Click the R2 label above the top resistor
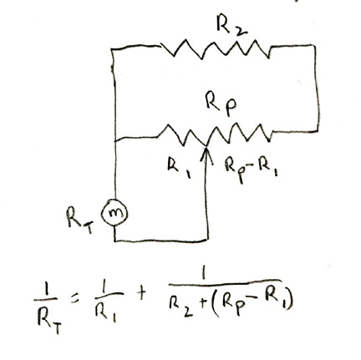[231, 25]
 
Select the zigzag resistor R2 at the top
[216, 49]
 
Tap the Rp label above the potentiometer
[221, 104]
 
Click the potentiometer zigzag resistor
[215, 135]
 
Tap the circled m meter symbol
[114, 213]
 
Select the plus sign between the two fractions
[141, 294]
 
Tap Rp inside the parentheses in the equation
[236, 305]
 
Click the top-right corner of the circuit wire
[315, 46]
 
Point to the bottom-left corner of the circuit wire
[114, 241]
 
